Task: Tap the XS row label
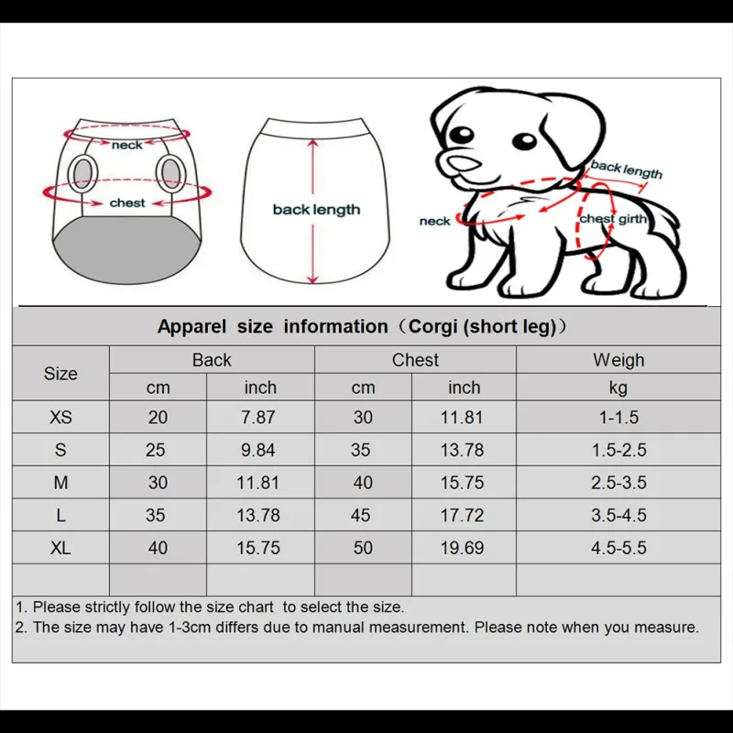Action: point(60,417)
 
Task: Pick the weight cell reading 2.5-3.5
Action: point(618,483)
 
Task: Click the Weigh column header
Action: point(618,360)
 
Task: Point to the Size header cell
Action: point(60,374)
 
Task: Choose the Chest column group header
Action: point(415,360)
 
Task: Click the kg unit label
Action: point(618,388)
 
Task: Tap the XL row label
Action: point(60,548)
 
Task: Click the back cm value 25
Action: point(158,450)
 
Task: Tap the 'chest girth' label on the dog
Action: point(613,219)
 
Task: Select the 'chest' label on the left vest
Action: point(127,202)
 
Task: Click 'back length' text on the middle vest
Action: point(316,210)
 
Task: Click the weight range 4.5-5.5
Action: point(618,548)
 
